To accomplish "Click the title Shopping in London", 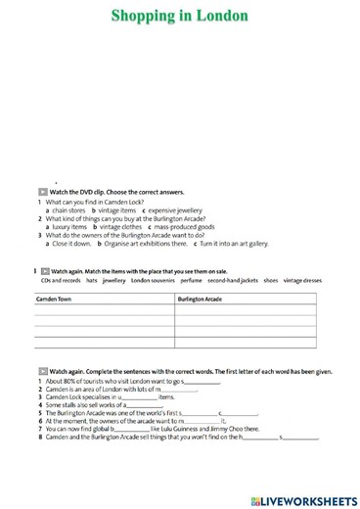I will coord(179,16).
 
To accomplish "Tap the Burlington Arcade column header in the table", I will coord(200,299).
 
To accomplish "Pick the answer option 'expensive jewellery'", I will coord(175,209).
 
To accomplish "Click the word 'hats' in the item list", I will coord(91,280).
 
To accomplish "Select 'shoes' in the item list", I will coord(270,280).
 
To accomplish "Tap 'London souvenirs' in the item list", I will coord(154,280).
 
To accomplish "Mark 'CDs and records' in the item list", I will coord(59,280).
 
